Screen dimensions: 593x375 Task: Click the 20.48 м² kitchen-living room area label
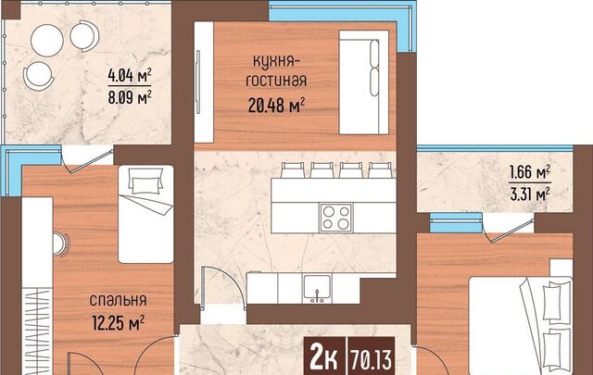(276, 105)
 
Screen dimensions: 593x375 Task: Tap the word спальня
(118, 300)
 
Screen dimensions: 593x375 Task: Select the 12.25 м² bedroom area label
(118, 323)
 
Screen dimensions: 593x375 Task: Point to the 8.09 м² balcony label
(130, 97)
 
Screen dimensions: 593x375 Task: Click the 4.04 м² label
(130, 75)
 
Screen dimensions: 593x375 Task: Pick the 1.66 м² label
(530, 172)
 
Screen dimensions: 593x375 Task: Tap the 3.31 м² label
(530, 194)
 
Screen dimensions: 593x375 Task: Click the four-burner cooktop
(335, 218)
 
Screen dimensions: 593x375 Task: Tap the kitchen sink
(317, 289)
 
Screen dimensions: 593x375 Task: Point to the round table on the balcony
(47, 41)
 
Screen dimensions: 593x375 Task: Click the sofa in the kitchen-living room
(364, 82)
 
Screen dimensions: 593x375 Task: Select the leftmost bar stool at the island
(293, 169)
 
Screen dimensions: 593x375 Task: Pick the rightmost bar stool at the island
(381, 169)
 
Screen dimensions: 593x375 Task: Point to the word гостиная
(276, 81)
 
